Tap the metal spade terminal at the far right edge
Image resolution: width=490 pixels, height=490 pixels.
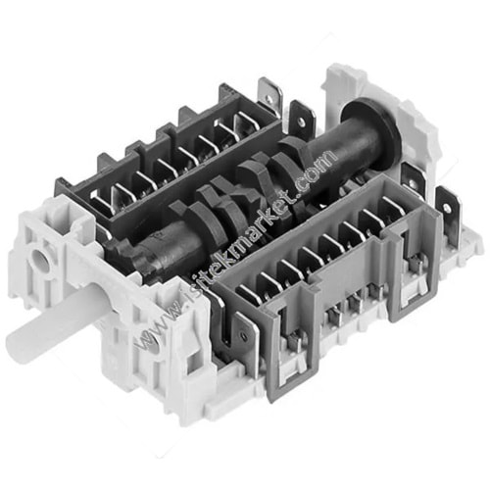[448, 213]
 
